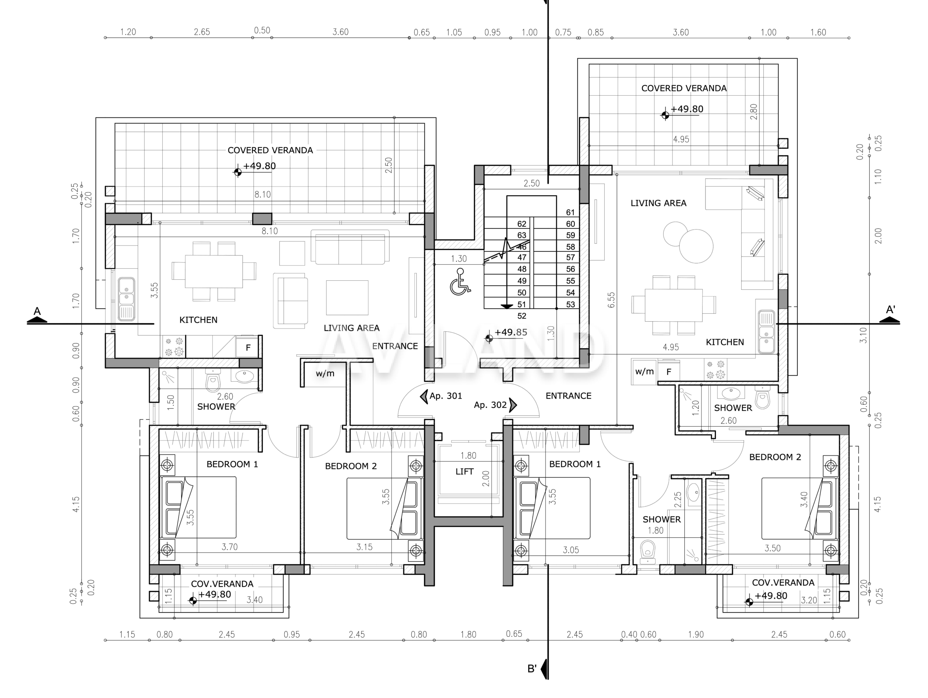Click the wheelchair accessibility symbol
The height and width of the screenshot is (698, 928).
click(x=460, y=282)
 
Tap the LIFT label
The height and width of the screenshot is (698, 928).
click(x=464, y=472)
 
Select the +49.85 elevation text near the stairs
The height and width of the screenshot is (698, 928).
click(x=510, y=332)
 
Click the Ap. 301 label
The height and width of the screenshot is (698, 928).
click(x=446, y=396)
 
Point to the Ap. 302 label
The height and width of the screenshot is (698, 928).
click(x=490, y=405)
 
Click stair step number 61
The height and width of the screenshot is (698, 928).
click(x=570, y=212)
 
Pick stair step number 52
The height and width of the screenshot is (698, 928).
click(x=522, y=315)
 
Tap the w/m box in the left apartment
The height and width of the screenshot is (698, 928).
click(x=325, y=373)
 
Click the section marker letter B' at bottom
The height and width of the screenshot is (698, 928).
click(x=532, y=669)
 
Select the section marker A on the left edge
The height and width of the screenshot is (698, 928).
click(x=37, y=312)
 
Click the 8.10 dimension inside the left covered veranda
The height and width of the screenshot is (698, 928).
click(x=262, y=194)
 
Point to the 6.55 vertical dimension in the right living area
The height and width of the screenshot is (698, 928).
click(x=611, y=300)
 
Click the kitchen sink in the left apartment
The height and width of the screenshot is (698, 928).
click(x=126, y=298)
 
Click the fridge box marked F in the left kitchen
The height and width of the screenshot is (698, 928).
click(x=248, y=347)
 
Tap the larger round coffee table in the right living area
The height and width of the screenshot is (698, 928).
click(x=696, y=246)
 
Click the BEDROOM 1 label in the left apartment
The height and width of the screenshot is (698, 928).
click(x=232, y=464)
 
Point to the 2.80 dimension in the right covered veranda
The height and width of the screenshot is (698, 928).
click(x=754, y=112)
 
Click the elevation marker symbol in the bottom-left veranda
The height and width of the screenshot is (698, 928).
click(x=193, y=601)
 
